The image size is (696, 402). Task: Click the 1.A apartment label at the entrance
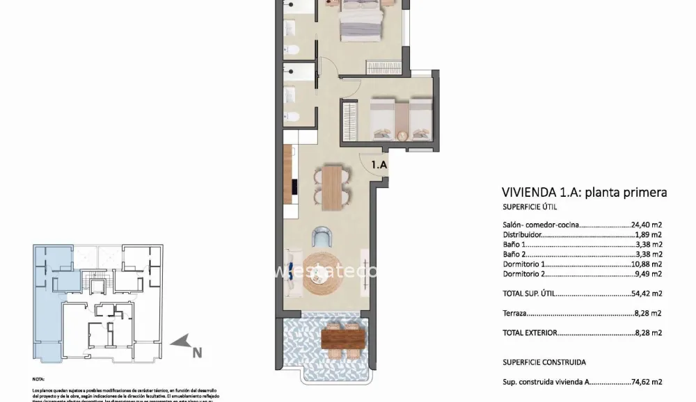click(378, 166)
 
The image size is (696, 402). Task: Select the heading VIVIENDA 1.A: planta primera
click(584, 193)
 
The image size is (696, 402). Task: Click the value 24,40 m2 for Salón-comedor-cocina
click(646, 225)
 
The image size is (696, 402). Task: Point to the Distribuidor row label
click(524, 235)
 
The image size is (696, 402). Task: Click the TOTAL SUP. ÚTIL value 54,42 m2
click(646, 294)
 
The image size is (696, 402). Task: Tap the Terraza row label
click(514, 314)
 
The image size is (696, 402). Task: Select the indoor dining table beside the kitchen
click(333, 186)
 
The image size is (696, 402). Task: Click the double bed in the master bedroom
click(360, 21)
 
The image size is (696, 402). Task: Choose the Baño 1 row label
click(515, 245)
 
